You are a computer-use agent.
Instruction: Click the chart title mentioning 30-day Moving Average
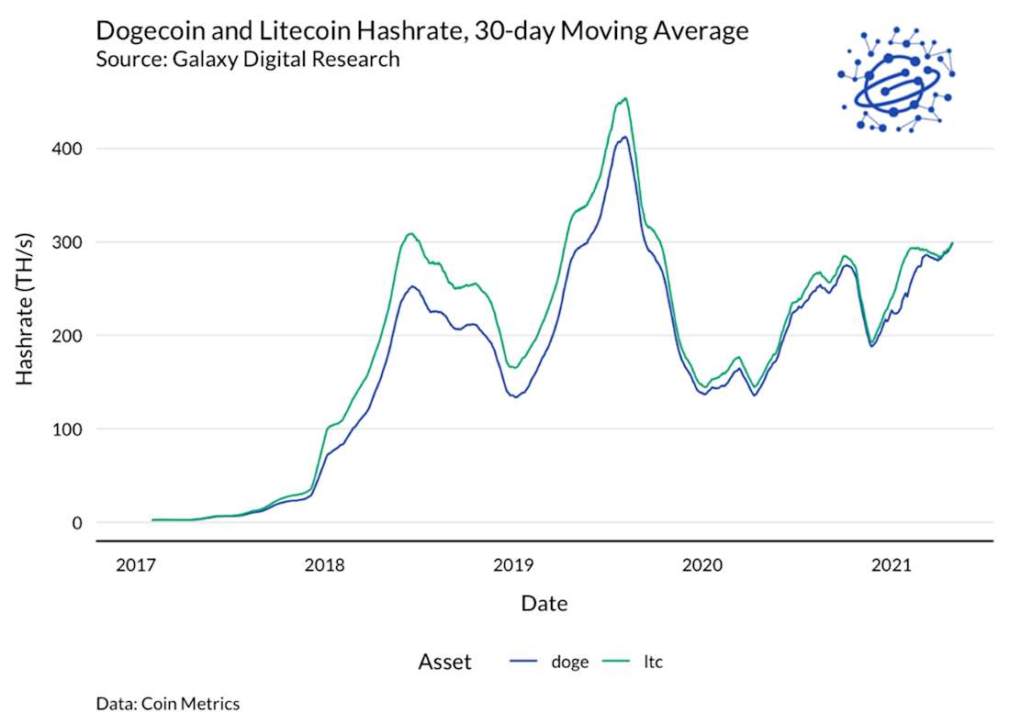[422, 31]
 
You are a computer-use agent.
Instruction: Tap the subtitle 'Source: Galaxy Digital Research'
[247, 60]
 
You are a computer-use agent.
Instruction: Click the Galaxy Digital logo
[895, 78]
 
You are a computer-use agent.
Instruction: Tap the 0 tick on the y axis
[77, 523]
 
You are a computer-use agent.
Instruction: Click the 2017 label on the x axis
[135, 565]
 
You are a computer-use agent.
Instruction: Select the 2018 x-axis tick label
[324, 565]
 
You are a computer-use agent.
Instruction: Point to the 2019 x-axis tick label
[513, 565]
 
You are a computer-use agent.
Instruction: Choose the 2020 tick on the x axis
[701, 565]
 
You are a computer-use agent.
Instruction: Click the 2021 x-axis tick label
[891, 565]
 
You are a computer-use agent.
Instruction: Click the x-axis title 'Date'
[544, 604]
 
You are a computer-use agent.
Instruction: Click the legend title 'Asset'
[444, 662]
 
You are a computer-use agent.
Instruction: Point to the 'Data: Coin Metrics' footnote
[167, 704]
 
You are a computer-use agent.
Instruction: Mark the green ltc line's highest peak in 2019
[624, 98]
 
